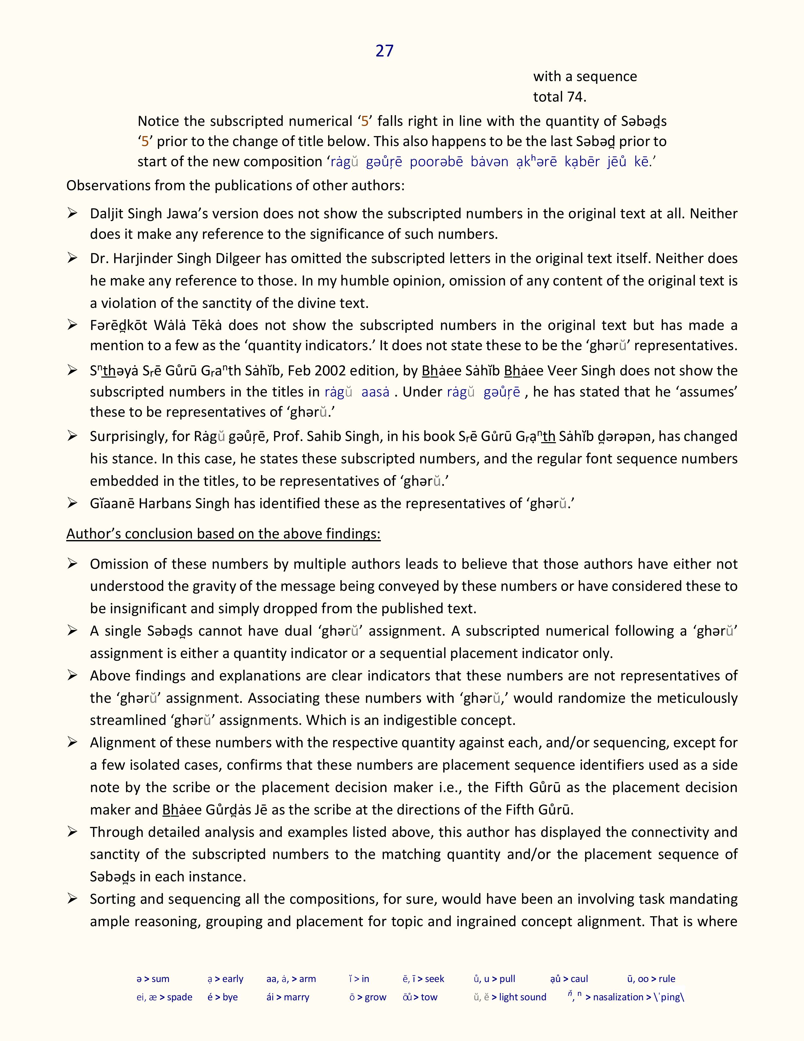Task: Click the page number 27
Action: click(384, 50)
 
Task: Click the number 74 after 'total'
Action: click(575, 97)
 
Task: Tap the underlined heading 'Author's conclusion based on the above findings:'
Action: click(224, 533)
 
